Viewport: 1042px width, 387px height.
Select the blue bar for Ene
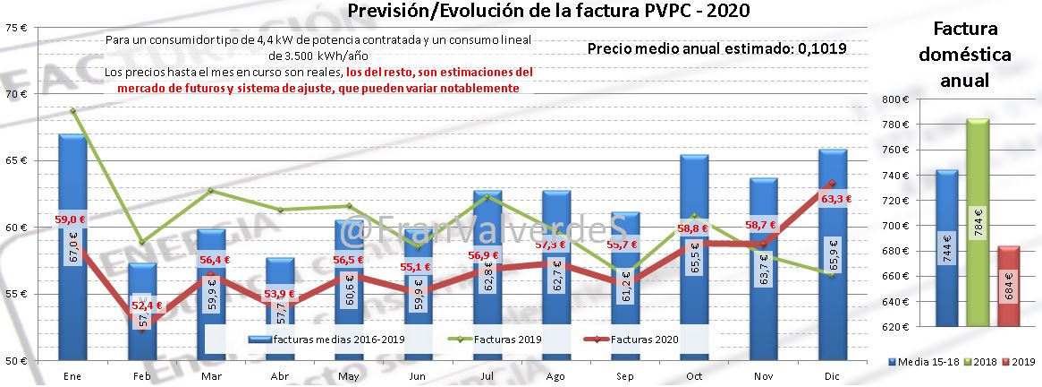pyautogui.click(x=72, y=269)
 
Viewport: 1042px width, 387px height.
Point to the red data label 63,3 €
pyautogui.click(x=834, y=200)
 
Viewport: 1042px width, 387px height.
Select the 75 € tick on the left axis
pyautogui.click(x=16, y=27)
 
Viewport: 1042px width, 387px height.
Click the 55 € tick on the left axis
pyautogui.click(x=16, y=294)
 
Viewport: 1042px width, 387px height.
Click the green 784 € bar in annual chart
pyautogui.click(x=977, y=224)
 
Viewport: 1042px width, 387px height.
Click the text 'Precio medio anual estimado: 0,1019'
pyautogui.click(x=716, y=48)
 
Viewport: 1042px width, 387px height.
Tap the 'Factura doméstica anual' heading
pyautogui.click(x=964, y=54)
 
